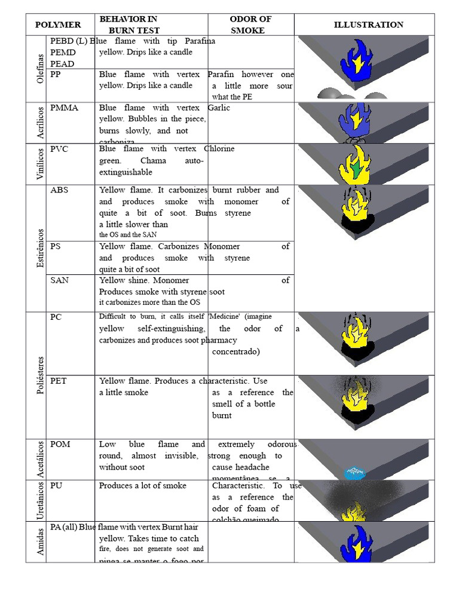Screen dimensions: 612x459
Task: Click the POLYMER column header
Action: (58, 25)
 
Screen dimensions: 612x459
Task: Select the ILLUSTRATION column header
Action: (368, 25)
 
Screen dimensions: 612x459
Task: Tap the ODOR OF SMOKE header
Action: (250, 25)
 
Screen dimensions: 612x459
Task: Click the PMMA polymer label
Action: (65, 108)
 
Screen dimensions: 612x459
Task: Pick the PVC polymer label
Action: (60, 149)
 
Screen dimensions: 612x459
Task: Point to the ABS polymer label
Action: (60, 190)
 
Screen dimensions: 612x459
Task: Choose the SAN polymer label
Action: (60, 280)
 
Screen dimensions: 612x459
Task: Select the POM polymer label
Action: (60, 444)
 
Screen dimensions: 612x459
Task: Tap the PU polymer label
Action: (57, 486)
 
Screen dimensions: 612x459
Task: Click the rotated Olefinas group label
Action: (41, 69)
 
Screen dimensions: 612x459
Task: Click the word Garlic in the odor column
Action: (219, 108)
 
